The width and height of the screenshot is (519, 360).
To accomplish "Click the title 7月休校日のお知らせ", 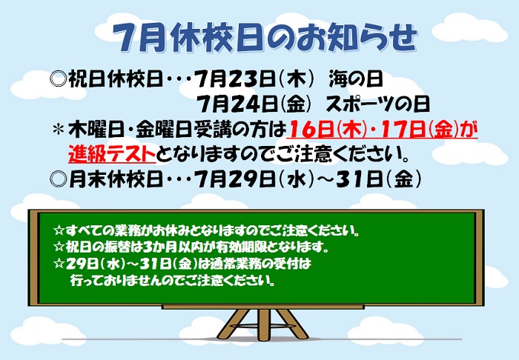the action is pyautogui.click(x=264, y=38).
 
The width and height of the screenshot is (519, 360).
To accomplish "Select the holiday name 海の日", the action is pyautogui.click(x=356, y=80).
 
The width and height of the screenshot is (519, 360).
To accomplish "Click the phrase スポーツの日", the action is pyautogui.click(x=377, y=104).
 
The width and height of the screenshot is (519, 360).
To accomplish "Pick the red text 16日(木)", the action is pyautogui.click(x=327, y=129).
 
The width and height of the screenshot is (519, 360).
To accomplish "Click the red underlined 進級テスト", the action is pyautogui.click(x=112, y=154).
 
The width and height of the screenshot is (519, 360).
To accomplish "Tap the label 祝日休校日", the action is pyautogui.click(x=116, y=80).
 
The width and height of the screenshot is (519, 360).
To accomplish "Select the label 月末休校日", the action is pyautogui.click(x=116, y=179).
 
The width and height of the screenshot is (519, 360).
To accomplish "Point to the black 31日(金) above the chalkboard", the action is pyautogui.click(x=380, y=179).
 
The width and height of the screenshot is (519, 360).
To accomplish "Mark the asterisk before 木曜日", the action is pyautogui.click(x=59, y=129).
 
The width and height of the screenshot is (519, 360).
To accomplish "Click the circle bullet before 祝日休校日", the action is pyautogui.click(x=59, y=80).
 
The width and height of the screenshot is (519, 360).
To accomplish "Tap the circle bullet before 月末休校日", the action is pyautogui.click(x=59, y=179).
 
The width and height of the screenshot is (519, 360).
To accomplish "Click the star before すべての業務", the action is pyautogui.click(x=59, y=230).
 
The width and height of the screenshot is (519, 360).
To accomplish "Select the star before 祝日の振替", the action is pyautogui.click(x=59, y=247).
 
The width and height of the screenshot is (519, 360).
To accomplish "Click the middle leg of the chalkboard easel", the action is pyautogui.click(x=264, y=324).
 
